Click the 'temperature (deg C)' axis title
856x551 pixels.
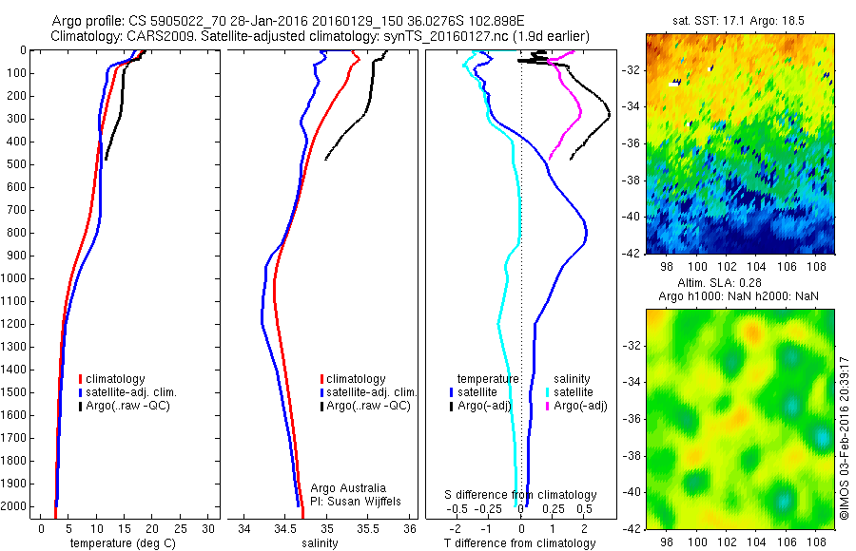pyautogui.click(x=119, y=543)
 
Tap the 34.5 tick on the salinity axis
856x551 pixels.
pyautogui.click(x=285, y=528)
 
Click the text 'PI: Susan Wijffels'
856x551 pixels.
pyautogui.click(x=357, y=501)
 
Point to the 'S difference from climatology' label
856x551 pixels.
pyautogui.click(x=521, y=495)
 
